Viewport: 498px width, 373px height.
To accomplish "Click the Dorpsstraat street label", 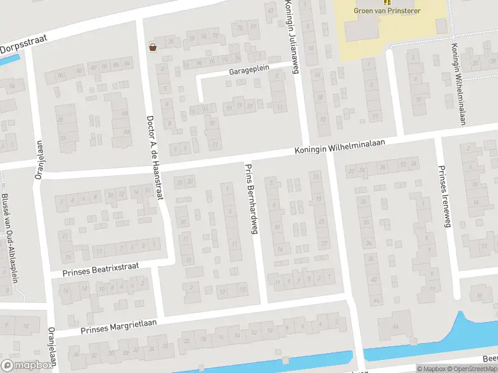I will tap(23, 44).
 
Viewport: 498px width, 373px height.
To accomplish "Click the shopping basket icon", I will tap(153, 47).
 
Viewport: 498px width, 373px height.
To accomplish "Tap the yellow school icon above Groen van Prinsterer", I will tap(378, 2).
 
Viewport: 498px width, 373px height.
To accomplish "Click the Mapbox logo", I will tap(27, 366).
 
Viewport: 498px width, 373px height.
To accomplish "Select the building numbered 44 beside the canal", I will tap(396, 327).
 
